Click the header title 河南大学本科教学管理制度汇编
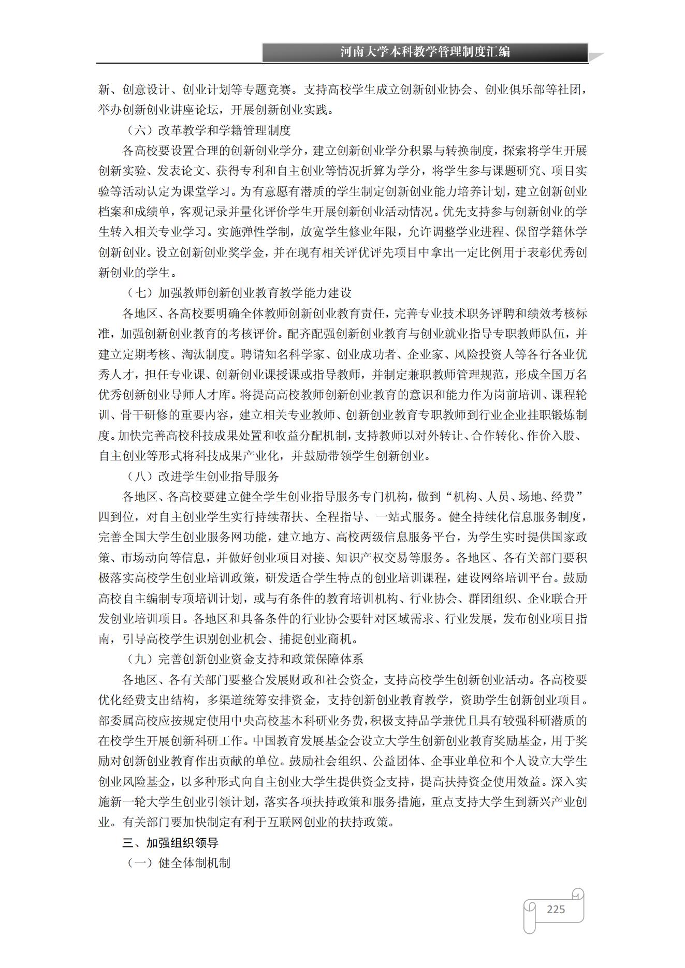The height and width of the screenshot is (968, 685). click(x=425, y=52)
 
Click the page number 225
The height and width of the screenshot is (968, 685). click(x=556, y=909)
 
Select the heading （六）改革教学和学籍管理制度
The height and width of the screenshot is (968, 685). click(x=209, y=130)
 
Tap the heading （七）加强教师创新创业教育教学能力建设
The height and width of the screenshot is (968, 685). click(x=239, y=293)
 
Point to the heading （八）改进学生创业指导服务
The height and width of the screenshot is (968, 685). click(x=203, y=476)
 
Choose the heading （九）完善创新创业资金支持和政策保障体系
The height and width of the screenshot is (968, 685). click(x=245, y=659)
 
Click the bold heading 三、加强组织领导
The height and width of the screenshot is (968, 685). click(x=170, y=843)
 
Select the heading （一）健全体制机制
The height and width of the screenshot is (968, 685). click(x=179, y=863)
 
